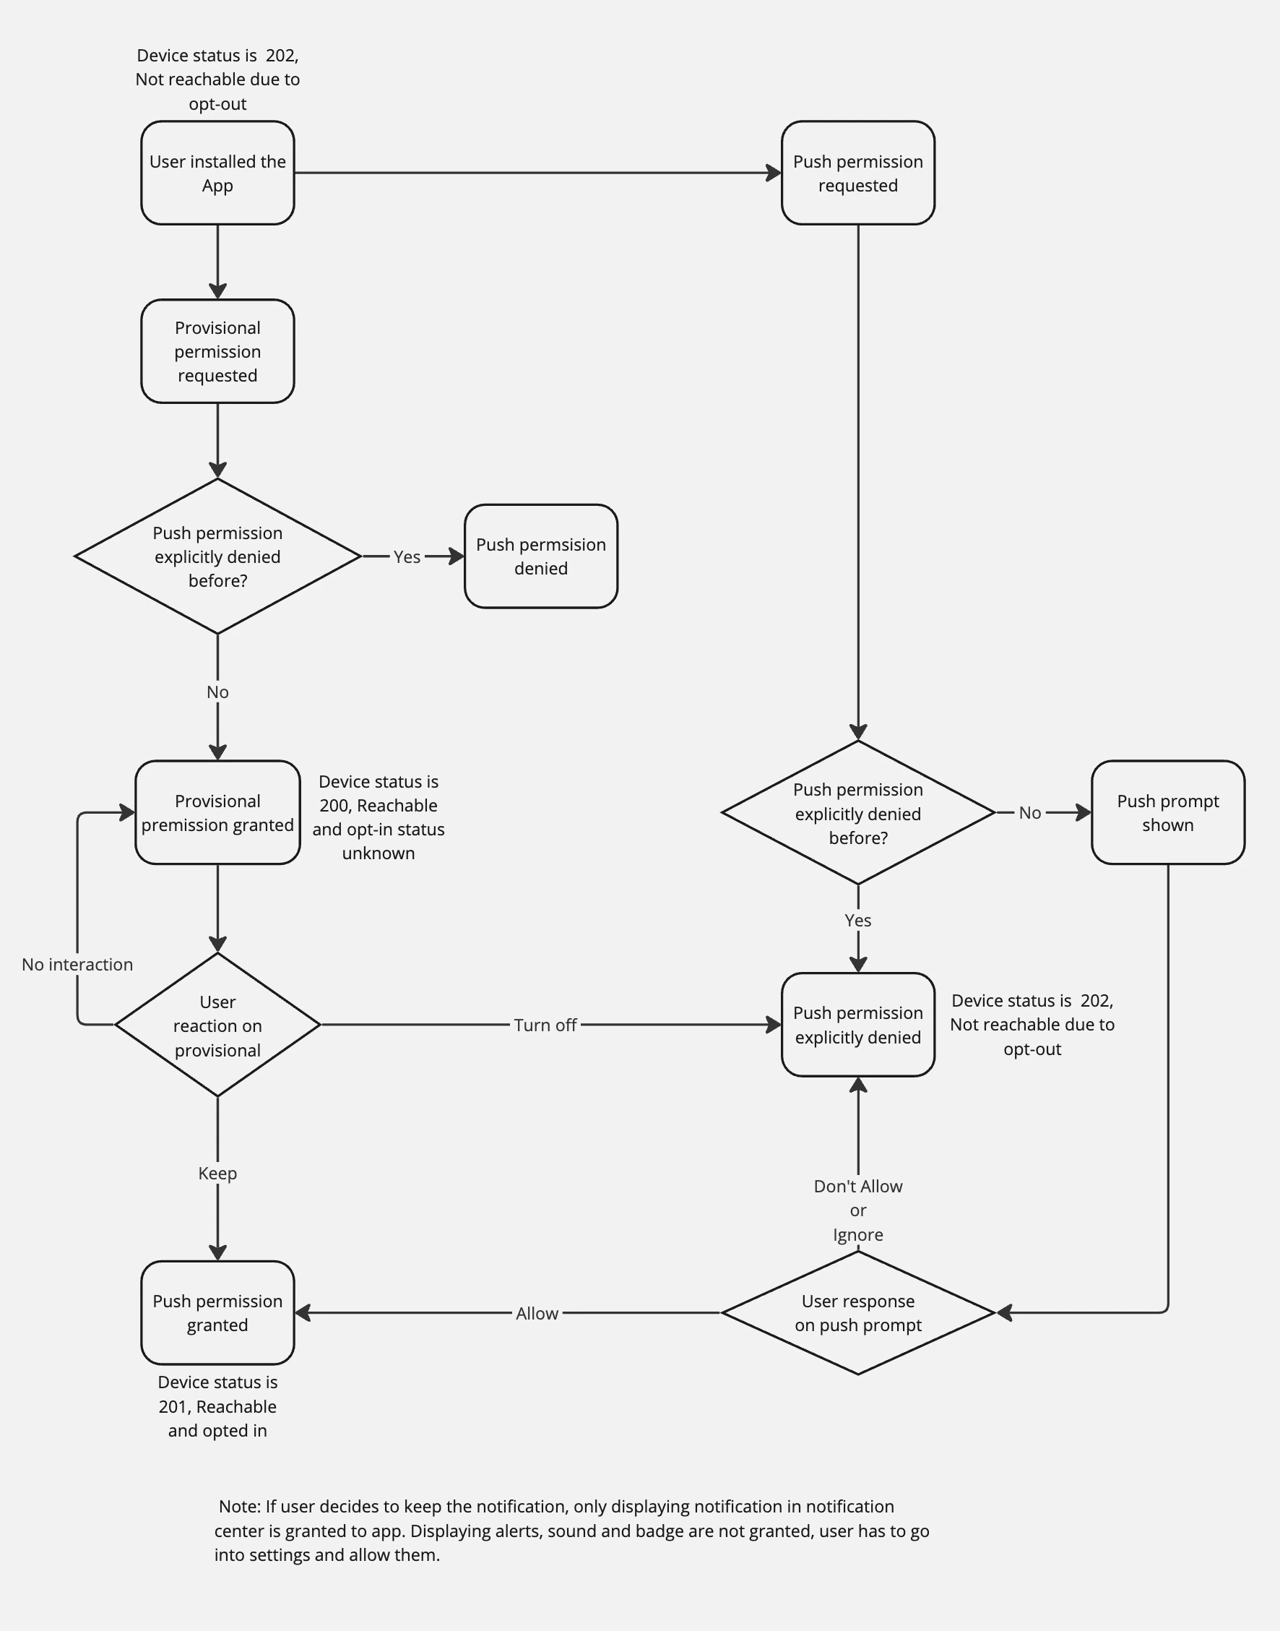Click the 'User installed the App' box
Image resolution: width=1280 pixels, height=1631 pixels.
pyautogui.click(x=217, y=173)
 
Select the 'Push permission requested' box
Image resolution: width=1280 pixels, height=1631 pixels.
pyautogui.click(x=857, y=173)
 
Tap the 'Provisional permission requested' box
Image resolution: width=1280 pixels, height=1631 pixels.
pyautogui.click(x=217, y=351)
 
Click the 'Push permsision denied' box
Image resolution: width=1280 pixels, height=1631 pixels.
pyautogui.click(x=540, y=556)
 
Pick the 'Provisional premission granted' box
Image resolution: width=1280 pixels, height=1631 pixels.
pyautogui.click(x=217, y=812)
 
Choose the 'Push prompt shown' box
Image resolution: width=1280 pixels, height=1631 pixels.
pyautogui.click(x=1167, y=812)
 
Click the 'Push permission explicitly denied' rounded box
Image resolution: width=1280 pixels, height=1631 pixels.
pyautogui.click(x=857, y=1025)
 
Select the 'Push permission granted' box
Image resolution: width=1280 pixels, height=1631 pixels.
pyautogui.click(x=217, y=1312)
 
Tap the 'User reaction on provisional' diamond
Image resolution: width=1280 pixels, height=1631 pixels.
pyautogui.click(x=217, y=1025)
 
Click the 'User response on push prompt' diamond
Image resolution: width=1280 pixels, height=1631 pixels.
pyautogui.click(x=857, y=1312)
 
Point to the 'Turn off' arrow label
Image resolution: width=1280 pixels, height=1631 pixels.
pyautogui.click(x=545, y=1025)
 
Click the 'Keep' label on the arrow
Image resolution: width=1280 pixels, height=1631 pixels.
pyautogui.click(x=217, y=1173)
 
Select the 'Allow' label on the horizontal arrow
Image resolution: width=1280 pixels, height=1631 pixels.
pyautogui.click(x=537, y=1313)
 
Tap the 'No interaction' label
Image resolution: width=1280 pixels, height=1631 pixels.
pyautogui.click(x=77, y=965)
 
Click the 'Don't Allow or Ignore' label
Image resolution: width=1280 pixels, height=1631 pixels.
pyautogui.click(x=857, y=1210)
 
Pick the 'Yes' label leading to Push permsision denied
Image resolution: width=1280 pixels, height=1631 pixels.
pyautogui.click(x=406, y=557)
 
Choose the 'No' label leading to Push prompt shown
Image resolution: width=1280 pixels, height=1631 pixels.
pyautogui.click(x=1029, y=812)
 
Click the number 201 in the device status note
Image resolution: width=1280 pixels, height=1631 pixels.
pyautogui.click(x=173, y=1406)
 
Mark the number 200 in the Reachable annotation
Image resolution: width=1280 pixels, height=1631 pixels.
pyautogui.click(x=334, y=806)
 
